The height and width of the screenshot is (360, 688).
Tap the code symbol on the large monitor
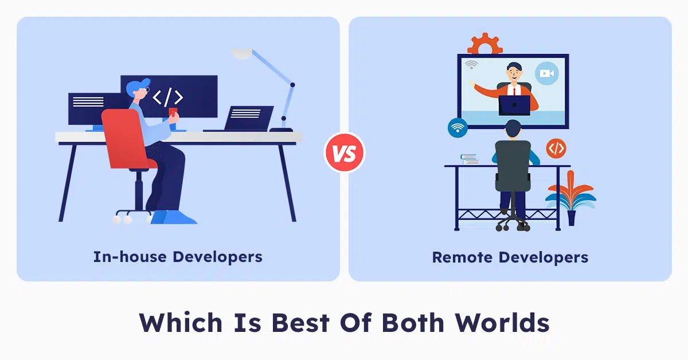168,97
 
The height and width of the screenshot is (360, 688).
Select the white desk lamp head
242,53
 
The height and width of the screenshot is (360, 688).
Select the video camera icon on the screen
546,73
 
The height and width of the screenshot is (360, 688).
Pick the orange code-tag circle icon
555,148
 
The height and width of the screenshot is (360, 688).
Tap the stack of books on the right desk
469,159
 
